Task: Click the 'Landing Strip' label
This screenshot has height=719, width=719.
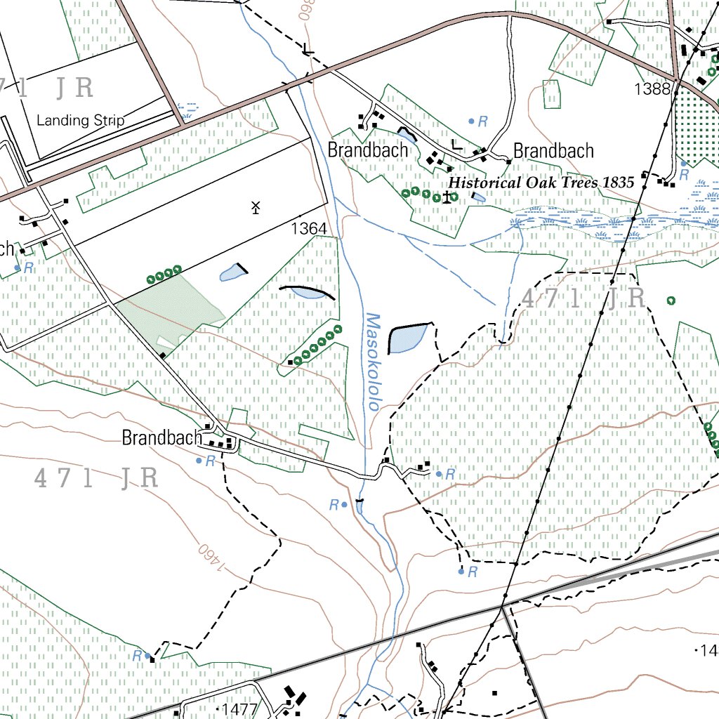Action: pyautogui.click(x=80, y=120)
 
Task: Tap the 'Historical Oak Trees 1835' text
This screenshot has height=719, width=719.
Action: pyautogui.click(x=541, y=183)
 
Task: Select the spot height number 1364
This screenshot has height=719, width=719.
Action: pyautogui.click(x=308, y=229)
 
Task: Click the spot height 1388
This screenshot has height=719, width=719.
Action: pyautogui.click(x=650, y=88)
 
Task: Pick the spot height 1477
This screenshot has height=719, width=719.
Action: pyautogui.click(x=239, y=708)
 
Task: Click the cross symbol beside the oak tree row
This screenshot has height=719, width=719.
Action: pyautogui.click(x=446, y=197)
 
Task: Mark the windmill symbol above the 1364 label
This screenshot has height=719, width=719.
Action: pyautogui.click(x=256, y=207)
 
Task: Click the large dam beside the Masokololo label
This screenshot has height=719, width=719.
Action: pyautogui.click(x=407, y=338)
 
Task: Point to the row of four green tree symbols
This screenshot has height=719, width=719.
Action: pyautogui.click(x=164, y=274)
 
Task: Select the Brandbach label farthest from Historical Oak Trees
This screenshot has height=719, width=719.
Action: pyautogui.click(x=161, y=438)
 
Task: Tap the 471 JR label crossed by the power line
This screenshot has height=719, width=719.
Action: pyautogui.click(x=583, y=299)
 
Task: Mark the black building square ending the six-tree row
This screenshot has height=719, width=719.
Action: pyautogui.click(x=290, y=362)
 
